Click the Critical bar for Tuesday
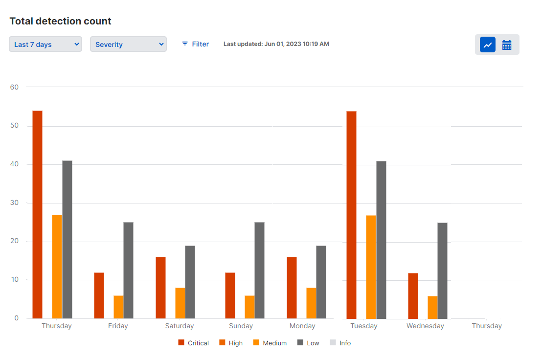pos(351,215)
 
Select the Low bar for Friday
pos(128,270)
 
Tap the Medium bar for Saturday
pos(180,303)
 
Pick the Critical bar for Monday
pos(292,288)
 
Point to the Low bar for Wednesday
pos(442,270)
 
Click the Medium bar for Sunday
pos(249,307)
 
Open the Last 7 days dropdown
pos(45,45)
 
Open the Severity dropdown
pos(128,45)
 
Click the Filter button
pos(195,44)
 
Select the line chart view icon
pos(488,45)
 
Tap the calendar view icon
pos(507,45)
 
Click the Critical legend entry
pos(194,343)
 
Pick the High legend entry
pos(231,343)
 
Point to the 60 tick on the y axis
pos(14,88)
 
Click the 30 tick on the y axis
pos(14,203)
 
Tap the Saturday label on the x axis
pos(179,326)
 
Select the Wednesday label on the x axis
pos(425,326)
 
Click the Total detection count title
pos(61,21)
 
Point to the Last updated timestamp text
pos(276,44)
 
